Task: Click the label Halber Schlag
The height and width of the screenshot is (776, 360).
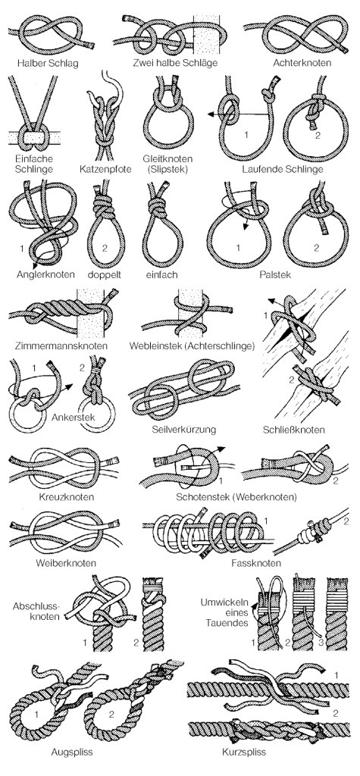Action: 48,64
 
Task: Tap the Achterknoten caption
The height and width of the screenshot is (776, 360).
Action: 302,64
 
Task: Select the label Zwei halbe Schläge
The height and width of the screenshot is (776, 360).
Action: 175,64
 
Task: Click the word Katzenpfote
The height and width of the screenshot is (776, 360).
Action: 105,170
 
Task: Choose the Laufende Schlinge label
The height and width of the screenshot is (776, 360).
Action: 283,170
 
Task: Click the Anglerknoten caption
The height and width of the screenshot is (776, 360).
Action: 45,274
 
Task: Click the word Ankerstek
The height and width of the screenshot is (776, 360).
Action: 74,418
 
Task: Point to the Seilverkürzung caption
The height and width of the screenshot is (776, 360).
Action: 183,429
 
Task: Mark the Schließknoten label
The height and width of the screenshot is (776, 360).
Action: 294,429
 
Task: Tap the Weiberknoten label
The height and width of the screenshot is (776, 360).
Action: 67,563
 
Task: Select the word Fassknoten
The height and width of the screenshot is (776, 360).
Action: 256,563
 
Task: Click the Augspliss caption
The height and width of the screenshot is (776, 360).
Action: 72,753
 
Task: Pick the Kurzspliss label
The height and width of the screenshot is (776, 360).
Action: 244,753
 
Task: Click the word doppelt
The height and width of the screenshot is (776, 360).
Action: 105,274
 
